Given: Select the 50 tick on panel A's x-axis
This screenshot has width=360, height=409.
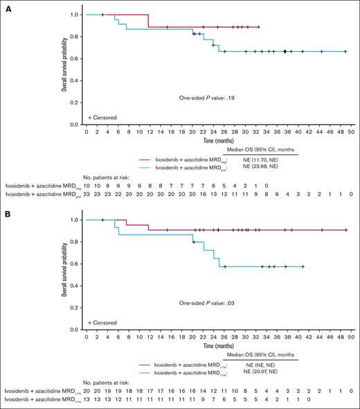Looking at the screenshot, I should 351,131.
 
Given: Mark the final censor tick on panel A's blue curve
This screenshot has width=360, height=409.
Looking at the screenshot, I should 345,51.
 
